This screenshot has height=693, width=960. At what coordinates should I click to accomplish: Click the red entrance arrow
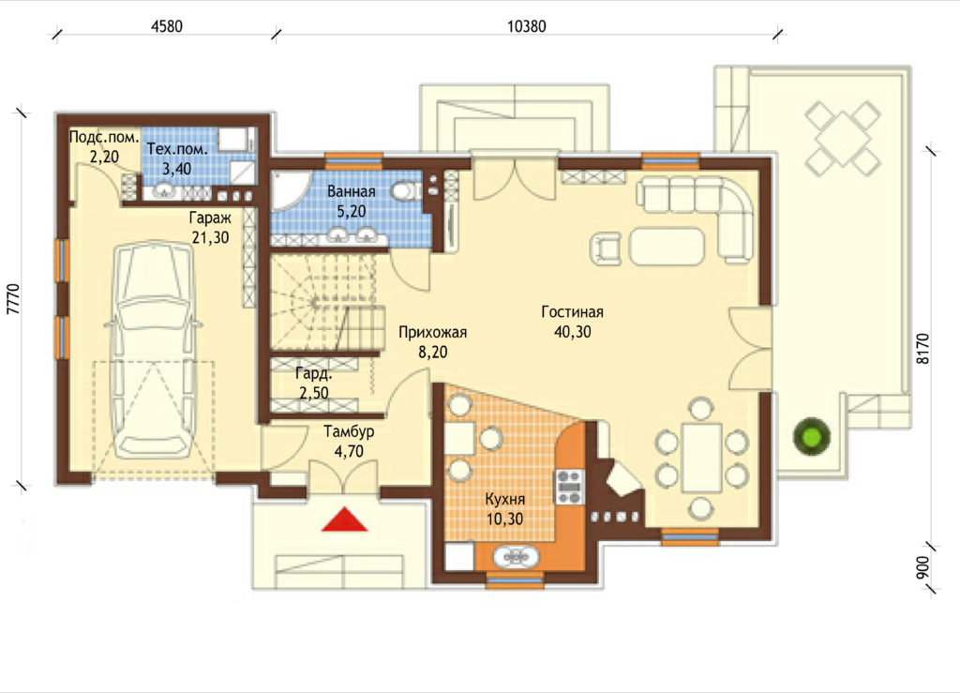tap(345, 520)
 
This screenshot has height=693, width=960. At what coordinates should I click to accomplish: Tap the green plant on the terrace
tap(813, 436)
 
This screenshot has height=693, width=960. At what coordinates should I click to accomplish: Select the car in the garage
tap(154, 350)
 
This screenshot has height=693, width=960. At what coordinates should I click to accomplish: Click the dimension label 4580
tap(166, 26)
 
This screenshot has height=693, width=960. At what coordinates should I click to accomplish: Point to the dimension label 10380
tap(527, 26)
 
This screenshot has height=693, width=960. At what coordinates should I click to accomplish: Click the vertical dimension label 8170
tap(923, 348)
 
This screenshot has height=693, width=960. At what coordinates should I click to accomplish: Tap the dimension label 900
tap(923, 567)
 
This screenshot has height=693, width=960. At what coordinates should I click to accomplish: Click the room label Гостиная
tap(573, 311)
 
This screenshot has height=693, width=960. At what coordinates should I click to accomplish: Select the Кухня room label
tap(505, 499)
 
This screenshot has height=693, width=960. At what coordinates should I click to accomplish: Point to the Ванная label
tap(351, 191)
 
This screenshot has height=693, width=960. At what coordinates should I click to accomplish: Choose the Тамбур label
tap(349, 431)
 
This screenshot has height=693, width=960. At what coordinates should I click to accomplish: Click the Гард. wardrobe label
tap(313, 373)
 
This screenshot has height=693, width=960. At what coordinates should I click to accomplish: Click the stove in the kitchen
tap(569, 487)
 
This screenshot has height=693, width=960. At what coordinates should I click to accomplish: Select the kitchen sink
tap(517, 557)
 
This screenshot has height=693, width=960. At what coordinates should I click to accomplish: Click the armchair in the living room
tap(607, 248)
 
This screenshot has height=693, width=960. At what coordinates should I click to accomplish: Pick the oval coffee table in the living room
tap(667, 246)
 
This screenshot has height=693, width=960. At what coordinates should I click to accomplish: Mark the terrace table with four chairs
tap(843, 138)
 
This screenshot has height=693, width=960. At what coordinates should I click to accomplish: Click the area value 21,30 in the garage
tap(211, 237)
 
